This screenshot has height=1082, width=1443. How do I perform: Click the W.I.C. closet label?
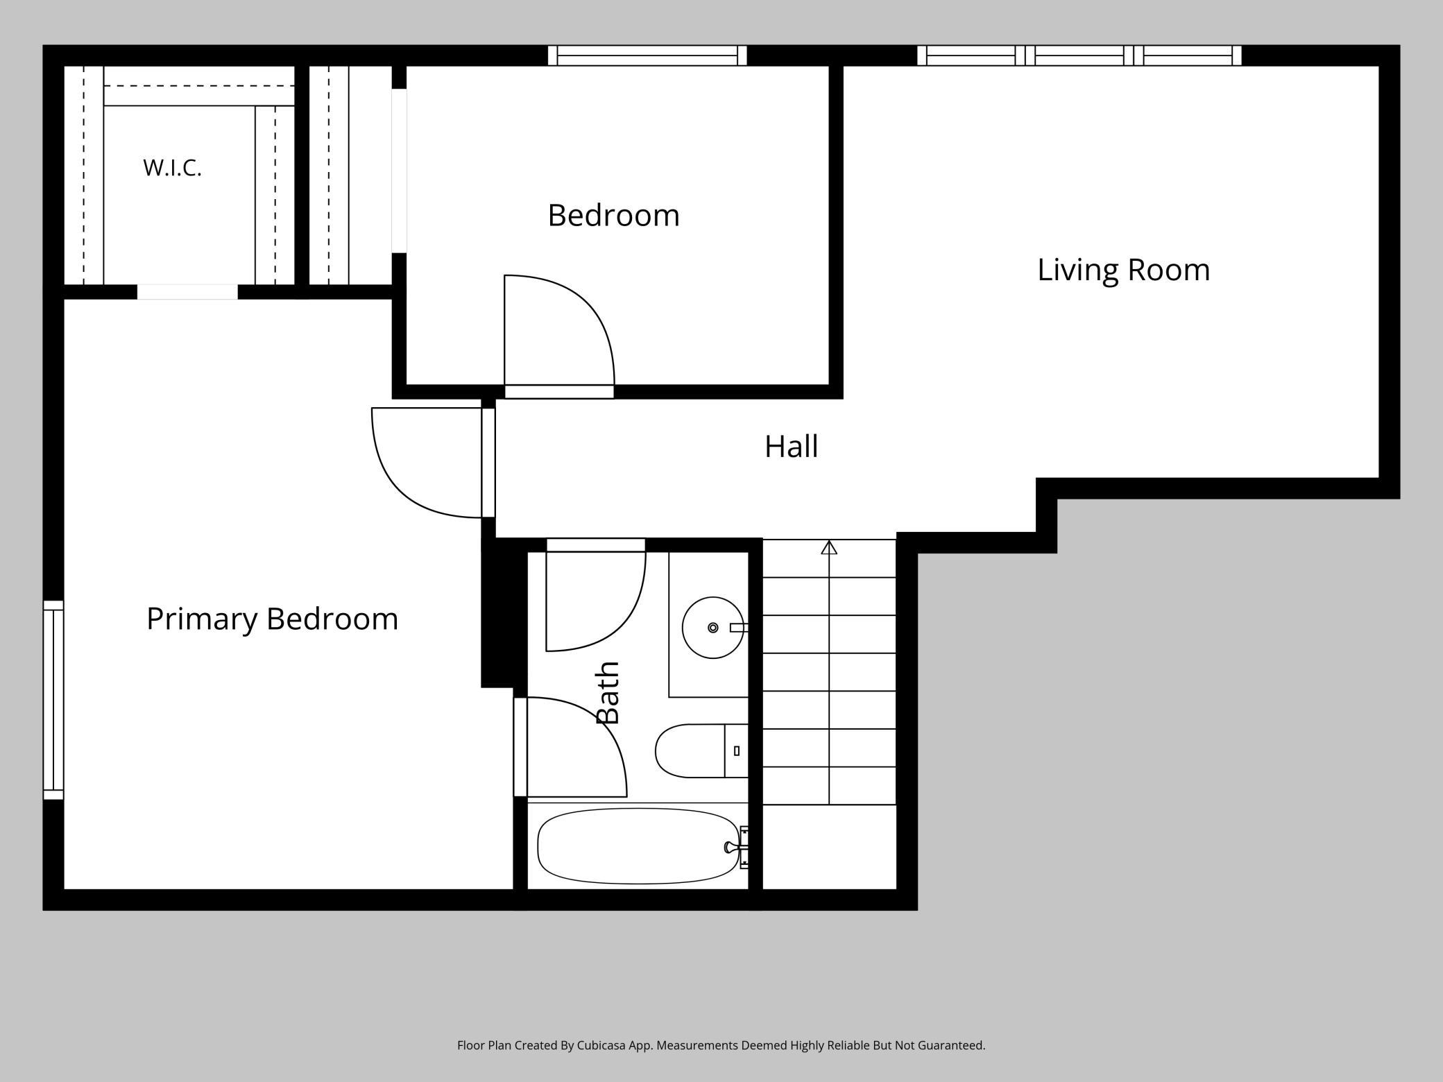point(172,168)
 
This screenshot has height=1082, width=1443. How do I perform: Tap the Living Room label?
point(1123,270)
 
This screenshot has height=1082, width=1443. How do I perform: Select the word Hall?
point(791,447)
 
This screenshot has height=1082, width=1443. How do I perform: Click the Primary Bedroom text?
point(272,619)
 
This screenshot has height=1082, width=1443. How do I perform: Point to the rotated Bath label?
point(608,692)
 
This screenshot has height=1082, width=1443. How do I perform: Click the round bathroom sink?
point(712,628)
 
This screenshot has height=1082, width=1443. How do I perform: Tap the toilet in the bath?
point(701,750)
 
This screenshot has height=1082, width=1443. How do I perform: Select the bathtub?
point(638,846)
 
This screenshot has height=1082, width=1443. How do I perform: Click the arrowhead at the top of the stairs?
point(829,547)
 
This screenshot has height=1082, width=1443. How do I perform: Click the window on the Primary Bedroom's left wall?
point(53,700)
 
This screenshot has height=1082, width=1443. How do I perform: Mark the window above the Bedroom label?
point(647,55)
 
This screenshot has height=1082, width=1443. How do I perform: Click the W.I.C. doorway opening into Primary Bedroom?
point(187,292)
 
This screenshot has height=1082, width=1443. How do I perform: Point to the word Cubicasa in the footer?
point(600,1045)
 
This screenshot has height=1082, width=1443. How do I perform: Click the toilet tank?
point(737,750)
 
